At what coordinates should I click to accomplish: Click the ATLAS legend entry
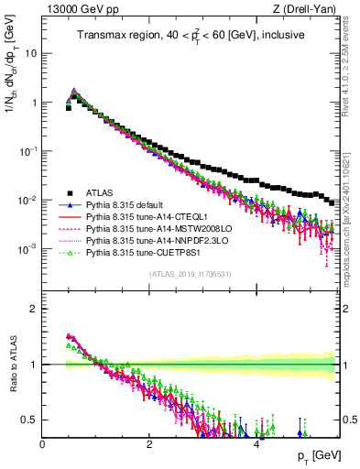coord(100,192)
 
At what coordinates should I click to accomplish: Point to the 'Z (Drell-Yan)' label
coord(309,9)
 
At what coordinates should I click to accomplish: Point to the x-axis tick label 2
coord(149,443)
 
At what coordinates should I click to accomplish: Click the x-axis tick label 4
coord(256,443)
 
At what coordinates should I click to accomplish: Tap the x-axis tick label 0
coord(43,443)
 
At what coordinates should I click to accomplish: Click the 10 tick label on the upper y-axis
coord(29,53)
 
